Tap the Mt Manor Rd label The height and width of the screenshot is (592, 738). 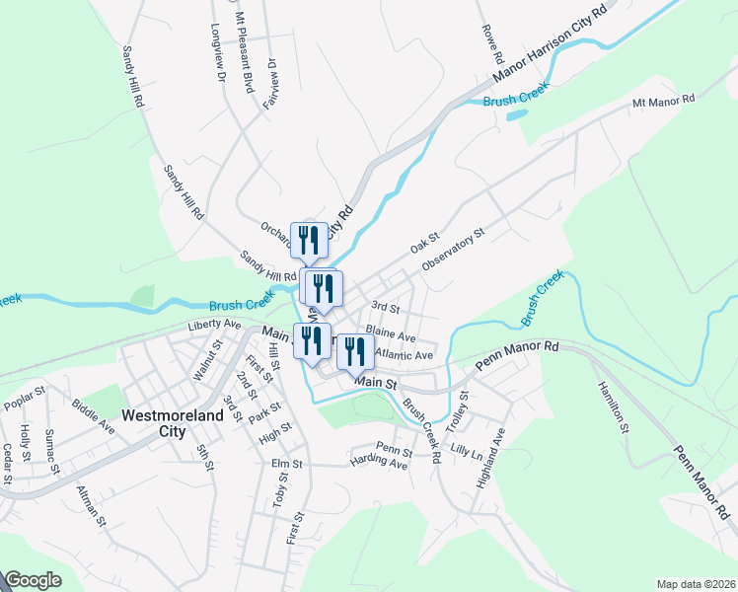pos(663,101)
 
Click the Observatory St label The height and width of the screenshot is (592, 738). pos(453,251)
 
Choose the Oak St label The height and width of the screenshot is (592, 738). pos(424,240)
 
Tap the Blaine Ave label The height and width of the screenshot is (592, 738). pos(391,334)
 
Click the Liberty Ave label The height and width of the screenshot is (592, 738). pos(215,324)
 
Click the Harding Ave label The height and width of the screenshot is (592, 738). pos(378,463)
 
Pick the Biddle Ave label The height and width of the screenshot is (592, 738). pos(93,416)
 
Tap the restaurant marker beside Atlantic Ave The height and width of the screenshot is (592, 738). pos(354,351)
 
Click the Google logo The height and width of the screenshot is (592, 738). pos(33,581)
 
